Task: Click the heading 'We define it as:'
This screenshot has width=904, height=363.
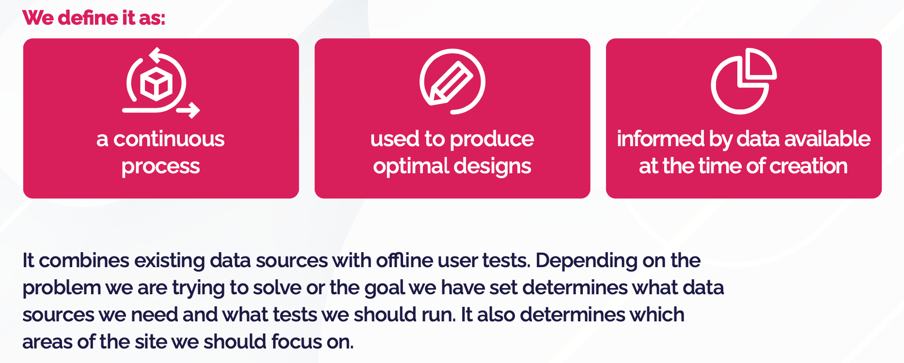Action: tap(94, 18)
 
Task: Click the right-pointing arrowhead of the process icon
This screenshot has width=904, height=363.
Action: tap(193, 110)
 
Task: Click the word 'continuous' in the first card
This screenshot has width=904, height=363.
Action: tap(169, 139)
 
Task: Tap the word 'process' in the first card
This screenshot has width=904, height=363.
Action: tap(160, 166)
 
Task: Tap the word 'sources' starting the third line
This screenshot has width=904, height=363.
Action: tap(58, 315)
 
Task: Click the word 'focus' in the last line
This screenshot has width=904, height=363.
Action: tap(296, 342)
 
